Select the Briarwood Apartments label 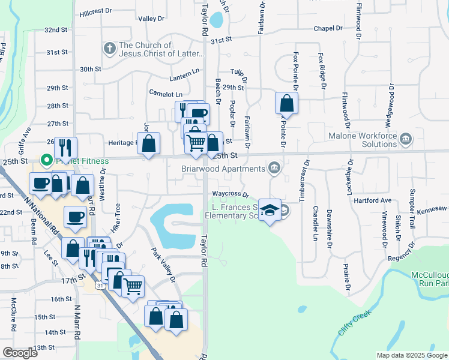pyautogui.click(x=222, y=169)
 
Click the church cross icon pyautogui.click(x=109, y=47)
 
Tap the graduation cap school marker pyautogui.click(x=270, y=210)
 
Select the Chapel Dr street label pyautogui.click(x=328, y=28)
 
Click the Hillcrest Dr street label pyautogui.click(x=95, y=11)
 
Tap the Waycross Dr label pyautogui.click(x=230, y=194)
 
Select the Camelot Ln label pyautogui.click(x=166, y=94)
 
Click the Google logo pyautogui.click(x=20, y=353)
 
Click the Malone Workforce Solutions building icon pyautogui.click(x=406, y=140)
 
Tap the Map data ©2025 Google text pyautogui.click(x=411, y=355)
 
